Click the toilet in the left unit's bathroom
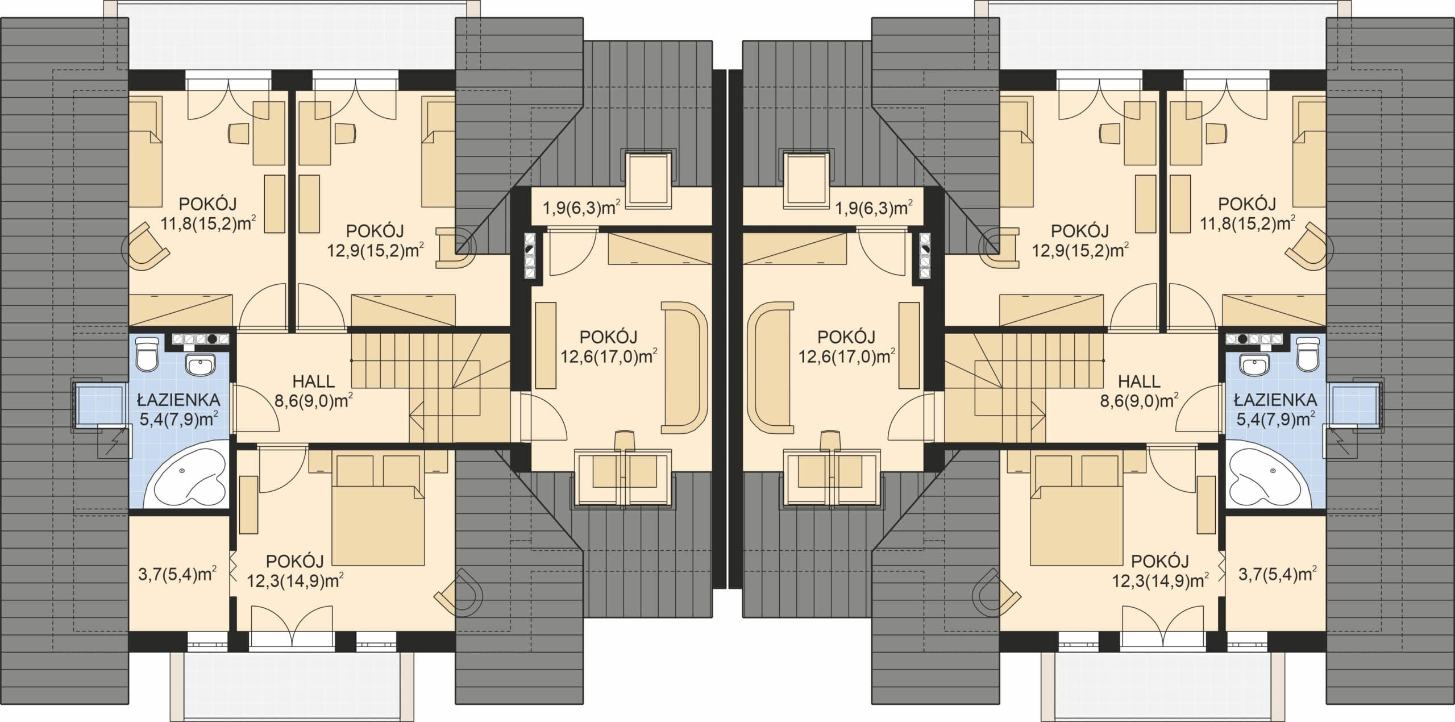[149, 354]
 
